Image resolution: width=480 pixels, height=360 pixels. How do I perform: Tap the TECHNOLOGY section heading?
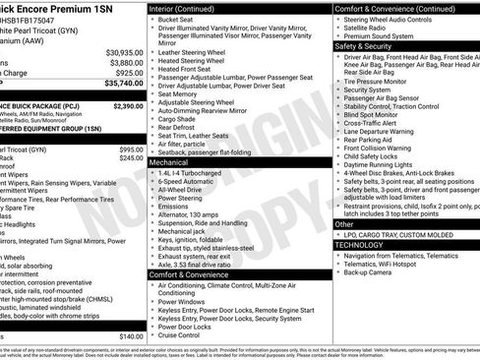(x=362, y=245)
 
